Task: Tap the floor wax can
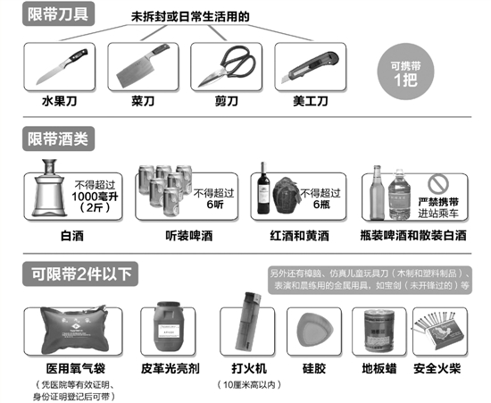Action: coord(375,330)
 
